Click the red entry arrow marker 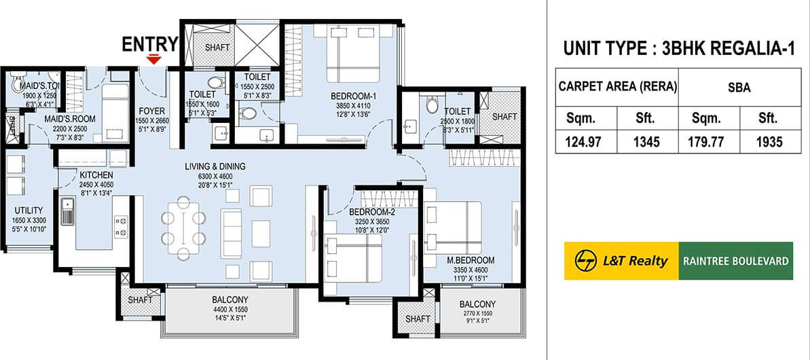pos(155,60)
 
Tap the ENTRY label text pos(149,45)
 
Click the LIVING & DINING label pos(215,166)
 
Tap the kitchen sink pos(67,211)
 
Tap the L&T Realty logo pos(621,261)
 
